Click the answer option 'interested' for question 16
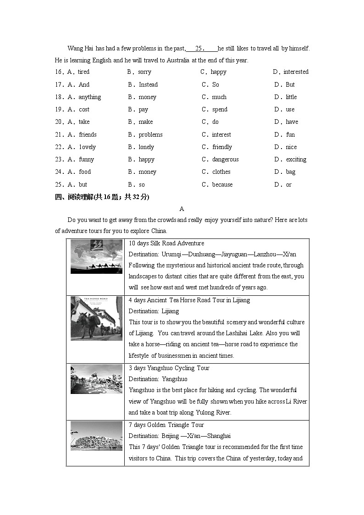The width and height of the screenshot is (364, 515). pos(296,72)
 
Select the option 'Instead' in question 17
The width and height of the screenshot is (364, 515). pos(148,85)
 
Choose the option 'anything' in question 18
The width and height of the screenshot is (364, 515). pos(89,97)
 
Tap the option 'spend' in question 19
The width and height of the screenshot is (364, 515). pos(220,110)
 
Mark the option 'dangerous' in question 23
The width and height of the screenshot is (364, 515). pos(225,160)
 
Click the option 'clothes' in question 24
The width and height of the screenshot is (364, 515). pos(221,172)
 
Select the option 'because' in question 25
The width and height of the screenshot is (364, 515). pos(222,185)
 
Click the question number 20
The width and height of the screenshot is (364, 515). pos(59,122)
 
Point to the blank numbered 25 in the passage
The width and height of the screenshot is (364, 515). pos(202,49)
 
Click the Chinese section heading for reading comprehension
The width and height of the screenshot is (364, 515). pos(102,197)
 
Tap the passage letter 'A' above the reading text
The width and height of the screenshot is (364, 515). pos(182,209)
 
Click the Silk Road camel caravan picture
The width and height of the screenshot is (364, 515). pos(96,256)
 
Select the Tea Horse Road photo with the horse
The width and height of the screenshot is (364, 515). pos(96,318)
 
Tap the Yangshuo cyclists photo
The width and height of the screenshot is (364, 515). pos(96,379)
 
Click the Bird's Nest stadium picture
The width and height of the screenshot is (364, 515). pos(96,436)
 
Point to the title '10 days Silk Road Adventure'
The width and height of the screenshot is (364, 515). pos(166,244)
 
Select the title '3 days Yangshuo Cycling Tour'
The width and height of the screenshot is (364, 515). pos(169,368)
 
